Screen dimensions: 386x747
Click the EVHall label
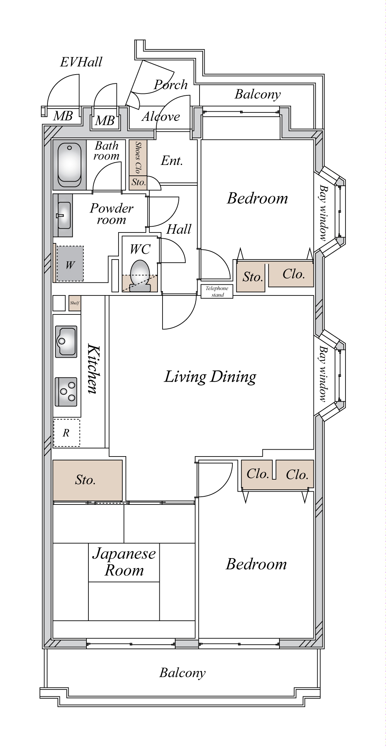coord(81,62)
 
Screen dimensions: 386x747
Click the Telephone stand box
coord(217,291)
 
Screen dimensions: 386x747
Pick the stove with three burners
coord(66,392)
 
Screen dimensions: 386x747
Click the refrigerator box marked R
coord(66,433)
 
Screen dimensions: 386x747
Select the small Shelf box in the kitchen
coord(74,303)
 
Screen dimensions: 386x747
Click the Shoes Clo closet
coord(138,158)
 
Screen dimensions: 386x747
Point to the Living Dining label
coord(210,377)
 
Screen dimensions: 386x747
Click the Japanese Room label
coord(124,562)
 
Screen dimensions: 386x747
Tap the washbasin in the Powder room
coord(64,216)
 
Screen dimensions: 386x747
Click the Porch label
coord(171,85)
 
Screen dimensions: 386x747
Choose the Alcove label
coord(161,116)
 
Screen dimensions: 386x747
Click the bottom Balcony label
coord(182,673)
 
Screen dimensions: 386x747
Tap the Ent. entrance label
coord(172,160)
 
